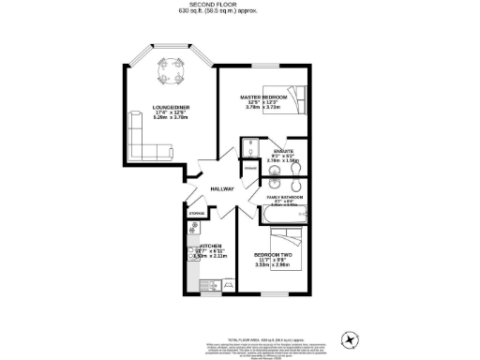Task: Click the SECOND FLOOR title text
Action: point(239,5)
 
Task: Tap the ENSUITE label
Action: point(281,151)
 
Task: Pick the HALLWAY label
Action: point(221,187)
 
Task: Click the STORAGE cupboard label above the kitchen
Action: point(196,214)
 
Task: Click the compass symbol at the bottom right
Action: point(353,337)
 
